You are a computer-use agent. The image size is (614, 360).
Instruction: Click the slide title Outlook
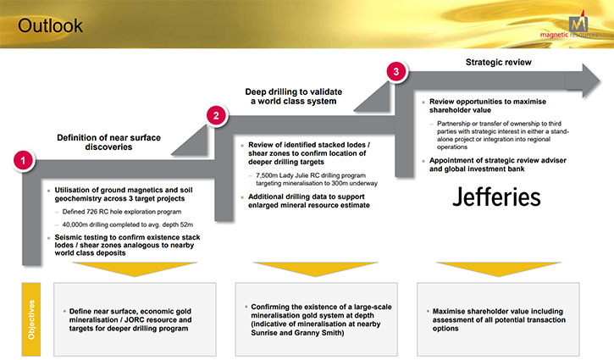tap(50, 26)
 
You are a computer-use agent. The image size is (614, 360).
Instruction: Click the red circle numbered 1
tap(23, 160)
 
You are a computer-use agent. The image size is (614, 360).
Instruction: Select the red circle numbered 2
tap(216, 115)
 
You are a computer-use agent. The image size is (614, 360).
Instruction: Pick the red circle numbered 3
tap(396, 71)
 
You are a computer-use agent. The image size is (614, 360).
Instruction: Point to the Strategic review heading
tap(499, 63)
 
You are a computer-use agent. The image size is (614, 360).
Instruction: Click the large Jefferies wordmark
tap(496, 197)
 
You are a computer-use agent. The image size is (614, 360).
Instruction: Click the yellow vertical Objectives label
tap(31, 319)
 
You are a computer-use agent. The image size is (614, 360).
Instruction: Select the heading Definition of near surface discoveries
tap(109, 142)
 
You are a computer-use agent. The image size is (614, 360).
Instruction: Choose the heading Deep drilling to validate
tap(294, 91)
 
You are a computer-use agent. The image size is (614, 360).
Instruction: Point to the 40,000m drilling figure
tap(75, 224)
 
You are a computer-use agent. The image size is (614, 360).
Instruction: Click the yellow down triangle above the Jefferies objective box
tap(498, 269)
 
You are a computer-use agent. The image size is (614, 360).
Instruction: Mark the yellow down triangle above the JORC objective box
tap(135, 269)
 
